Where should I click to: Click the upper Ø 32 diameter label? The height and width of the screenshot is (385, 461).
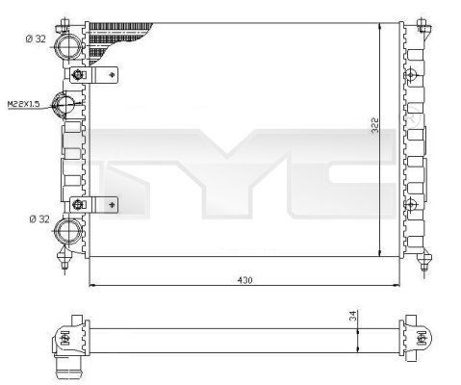(x=36, y=39)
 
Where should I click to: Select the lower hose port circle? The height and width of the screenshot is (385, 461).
(x=68, y=228)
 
